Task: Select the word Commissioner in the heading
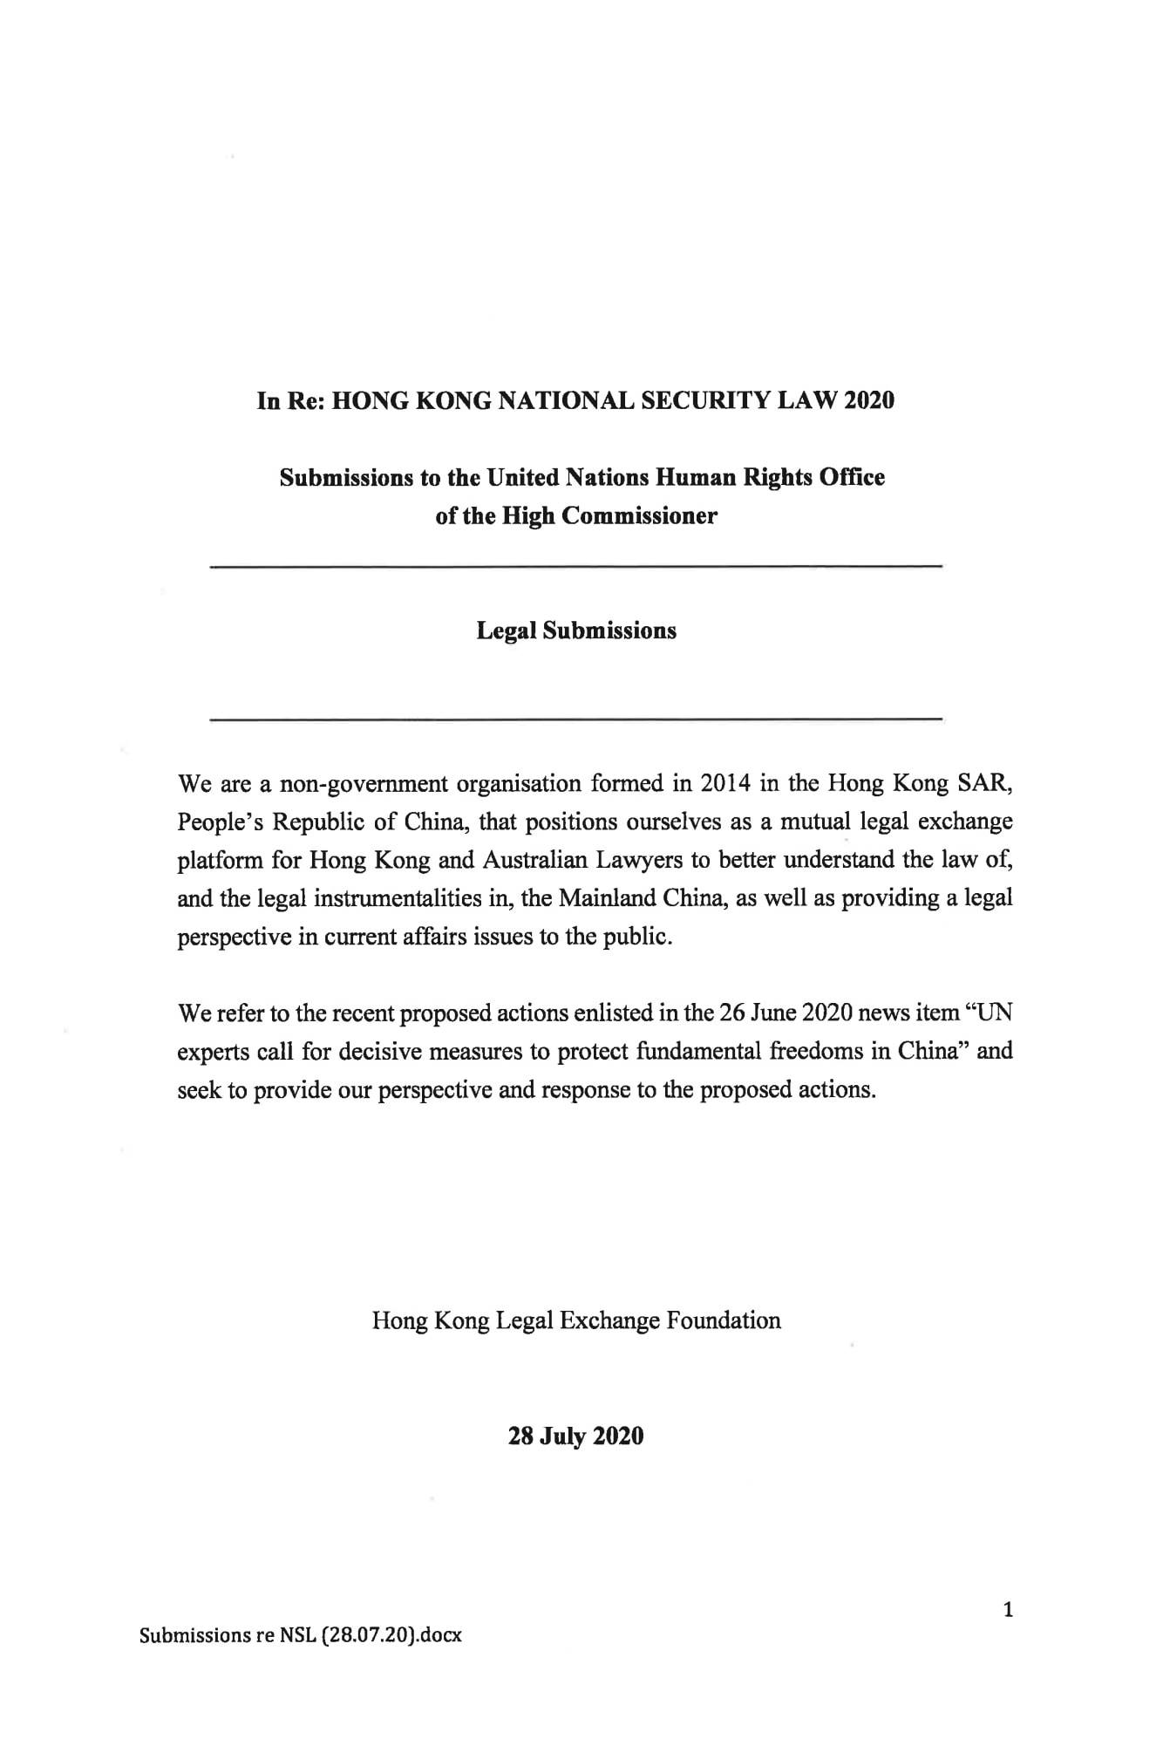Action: click(x=639, y=516)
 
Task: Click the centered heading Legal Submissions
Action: click(x=576, y=631)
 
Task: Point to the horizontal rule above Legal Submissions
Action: click(x=576, y=568)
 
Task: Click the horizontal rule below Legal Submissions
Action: click(x=576, y=720)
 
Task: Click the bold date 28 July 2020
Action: click(x=576, y=1436)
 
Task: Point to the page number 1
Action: click(x=1008, y=1609)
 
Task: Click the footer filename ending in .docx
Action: click(x=301, y=1635)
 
